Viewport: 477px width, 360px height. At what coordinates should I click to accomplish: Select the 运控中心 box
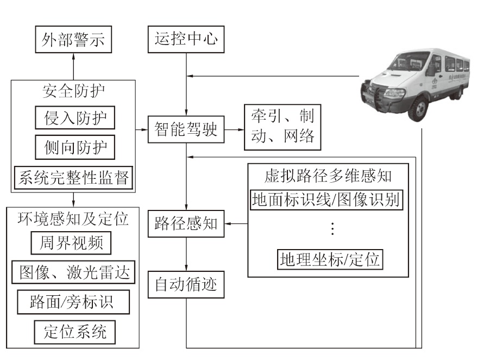(x=186, y=41)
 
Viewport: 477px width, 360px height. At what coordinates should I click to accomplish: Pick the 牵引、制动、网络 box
(x=283, y=126)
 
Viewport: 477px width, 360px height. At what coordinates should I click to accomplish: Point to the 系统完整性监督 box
(x=73, y=178)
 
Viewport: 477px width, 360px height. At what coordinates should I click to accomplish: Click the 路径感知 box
(x=186, y=223)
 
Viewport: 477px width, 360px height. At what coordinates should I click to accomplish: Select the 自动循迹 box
(x=186, y=284)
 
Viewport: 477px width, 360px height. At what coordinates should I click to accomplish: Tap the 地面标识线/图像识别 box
(x=326, y=200)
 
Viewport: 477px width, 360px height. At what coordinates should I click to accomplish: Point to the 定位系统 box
(x=74, y=331)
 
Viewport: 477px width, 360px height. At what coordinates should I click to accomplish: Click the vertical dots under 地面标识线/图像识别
(x=332, y=229)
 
